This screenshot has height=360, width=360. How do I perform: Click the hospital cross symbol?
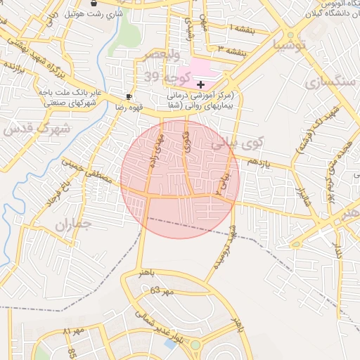(200, 84)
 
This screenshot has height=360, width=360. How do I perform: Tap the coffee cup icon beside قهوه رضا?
(129, 97)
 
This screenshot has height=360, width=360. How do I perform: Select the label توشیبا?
(290, 46)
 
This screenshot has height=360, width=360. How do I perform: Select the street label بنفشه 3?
(232, 51)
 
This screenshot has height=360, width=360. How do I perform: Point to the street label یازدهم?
(259, 162)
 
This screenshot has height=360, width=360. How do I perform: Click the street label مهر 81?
(73, 330)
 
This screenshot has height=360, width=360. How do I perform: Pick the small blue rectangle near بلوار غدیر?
(170, 344)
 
